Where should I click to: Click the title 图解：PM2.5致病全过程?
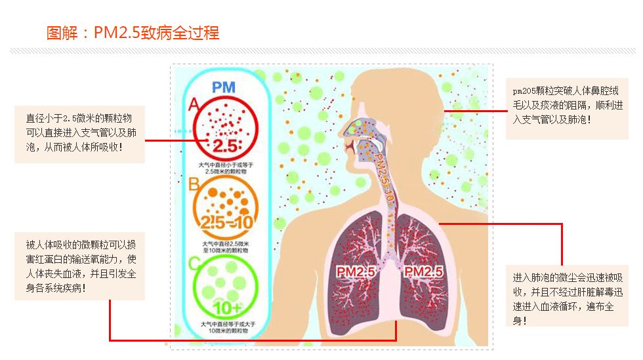coord(133,33)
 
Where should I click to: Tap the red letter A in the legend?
coord(194,104)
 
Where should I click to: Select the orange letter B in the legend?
coord(194,185)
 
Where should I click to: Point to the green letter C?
coord(194,264)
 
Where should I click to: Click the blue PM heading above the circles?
coord(224,86)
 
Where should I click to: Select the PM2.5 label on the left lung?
coord(355,271)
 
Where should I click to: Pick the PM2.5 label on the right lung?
coord(423,271)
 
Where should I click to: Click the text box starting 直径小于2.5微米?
coord(79,134)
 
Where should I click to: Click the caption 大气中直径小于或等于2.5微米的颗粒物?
coord(224,167)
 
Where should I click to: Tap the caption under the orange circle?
coord(224,247)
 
